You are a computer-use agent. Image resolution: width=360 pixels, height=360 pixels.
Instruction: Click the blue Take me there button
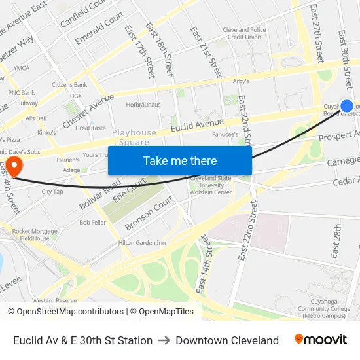click(180, 160)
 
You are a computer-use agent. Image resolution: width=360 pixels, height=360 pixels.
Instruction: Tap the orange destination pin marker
click(12, 164)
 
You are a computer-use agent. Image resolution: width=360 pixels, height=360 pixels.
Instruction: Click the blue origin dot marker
click(347, 106)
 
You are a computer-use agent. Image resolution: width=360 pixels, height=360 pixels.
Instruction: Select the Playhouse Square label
click(134, 137)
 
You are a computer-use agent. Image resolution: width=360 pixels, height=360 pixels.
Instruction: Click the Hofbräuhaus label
click(143, 104)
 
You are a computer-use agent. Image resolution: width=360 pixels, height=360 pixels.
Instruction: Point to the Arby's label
click(242, 81)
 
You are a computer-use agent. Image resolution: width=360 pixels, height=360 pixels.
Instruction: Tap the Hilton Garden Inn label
click(142, 243)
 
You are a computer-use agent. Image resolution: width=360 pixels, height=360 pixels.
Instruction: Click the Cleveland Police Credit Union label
click(244, 33)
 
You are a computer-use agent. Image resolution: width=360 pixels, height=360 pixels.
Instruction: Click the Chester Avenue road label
click(88, 111)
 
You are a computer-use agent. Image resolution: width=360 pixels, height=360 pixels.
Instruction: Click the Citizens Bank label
click(69, 85)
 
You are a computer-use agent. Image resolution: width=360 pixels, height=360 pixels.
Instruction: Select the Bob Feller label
click(92, 223)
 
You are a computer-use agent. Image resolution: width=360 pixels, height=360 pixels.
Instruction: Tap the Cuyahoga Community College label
click(323, 304)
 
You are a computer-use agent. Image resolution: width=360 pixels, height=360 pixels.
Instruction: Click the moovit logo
click(320, 340)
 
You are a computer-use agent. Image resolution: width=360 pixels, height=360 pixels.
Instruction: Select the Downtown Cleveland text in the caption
click(227, 340)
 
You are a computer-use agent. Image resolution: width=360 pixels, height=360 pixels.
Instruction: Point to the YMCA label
click(22, 68)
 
